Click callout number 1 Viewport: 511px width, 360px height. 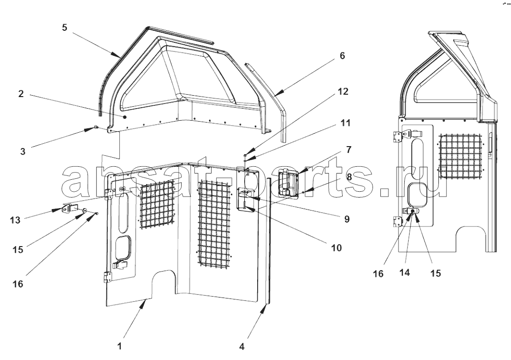120,346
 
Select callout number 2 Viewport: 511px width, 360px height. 21,94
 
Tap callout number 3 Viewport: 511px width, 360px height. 23,151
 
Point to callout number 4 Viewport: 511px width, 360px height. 242,347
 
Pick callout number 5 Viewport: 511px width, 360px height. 64,27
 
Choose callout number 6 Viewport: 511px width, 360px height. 342,56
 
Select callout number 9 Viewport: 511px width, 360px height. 347,219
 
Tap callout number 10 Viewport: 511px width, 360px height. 337,248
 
